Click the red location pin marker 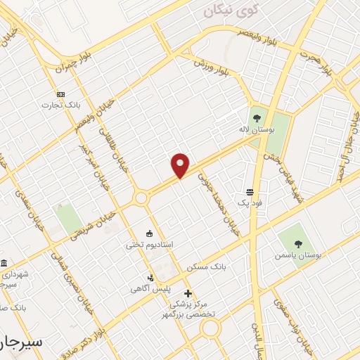181,165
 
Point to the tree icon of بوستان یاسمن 298,244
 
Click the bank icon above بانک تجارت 60,94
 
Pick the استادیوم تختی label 149,245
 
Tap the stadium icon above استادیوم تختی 149,233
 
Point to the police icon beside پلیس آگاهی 150,278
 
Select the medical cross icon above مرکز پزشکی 187,293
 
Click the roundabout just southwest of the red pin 141,199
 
